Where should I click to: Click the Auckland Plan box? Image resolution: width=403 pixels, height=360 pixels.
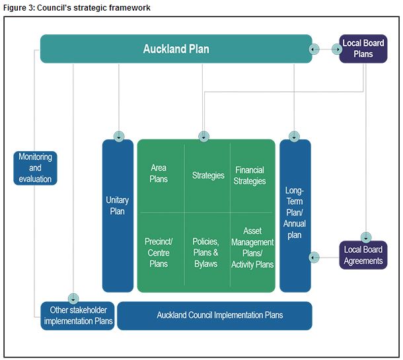pyautogui.click(x=176, y=49)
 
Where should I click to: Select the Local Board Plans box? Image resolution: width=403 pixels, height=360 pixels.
pyautogui.click(x=363, y=49)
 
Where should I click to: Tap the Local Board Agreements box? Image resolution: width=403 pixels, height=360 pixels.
pyautogui.click(x=363, y=255)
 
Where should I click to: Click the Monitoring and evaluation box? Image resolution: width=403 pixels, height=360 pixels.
pyautogui.click(x=35, y=168)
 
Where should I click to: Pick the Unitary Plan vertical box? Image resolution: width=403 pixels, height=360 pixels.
pyautogui.click(x=118, y=205)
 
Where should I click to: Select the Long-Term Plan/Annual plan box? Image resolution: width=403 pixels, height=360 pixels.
pyautogui.click(x=295, y=211)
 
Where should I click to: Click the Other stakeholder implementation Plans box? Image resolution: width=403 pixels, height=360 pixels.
pyautogui.click(x=78, y=316)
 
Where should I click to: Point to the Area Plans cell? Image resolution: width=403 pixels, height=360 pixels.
pyautogui.click(x=159, y=174)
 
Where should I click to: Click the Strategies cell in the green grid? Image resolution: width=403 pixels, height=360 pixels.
pyautogui.click(x=208, y=176)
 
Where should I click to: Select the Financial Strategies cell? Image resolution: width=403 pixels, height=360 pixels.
pyautogui.click(x=250, y=176)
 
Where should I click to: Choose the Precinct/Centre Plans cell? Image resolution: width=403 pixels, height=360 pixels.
pyautogui.click(x=159, y=253)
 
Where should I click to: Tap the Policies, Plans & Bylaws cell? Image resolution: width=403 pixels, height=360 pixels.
pyautogui.click(x=206, y=253)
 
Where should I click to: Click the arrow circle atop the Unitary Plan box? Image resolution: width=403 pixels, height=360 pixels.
pyautogui.click(x=119, y=137)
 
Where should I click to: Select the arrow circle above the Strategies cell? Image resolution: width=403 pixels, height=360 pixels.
pyautogui.click(x=204, y=137)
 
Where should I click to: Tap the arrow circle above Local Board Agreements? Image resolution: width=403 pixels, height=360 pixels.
pyautogui.click(x=366, y=237)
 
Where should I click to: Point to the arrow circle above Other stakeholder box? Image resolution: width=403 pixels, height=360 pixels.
pyautogui.click(x=73, y=299)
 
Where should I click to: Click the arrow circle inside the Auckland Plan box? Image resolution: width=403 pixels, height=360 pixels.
pyautogui.click(x=314, y=50)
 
